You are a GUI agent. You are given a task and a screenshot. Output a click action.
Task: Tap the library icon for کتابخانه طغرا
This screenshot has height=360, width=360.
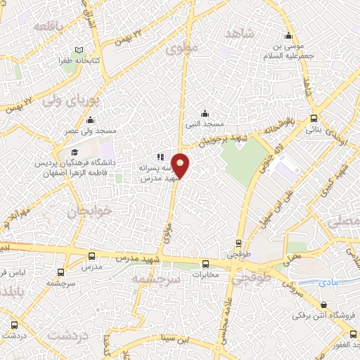[78, 49]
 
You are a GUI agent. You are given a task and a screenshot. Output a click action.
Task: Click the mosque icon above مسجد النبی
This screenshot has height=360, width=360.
[205, 112]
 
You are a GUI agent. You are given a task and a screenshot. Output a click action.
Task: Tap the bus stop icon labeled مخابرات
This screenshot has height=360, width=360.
[205, 265]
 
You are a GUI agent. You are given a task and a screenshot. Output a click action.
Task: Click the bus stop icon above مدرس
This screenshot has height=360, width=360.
[91, 257]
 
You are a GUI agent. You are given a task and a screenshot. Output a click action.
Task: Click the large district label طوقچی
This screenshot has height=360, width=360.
[255, 278]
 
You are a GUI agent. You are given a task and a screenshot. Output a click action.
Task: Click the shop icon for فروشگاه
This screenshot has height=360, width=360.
[323, 304]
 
